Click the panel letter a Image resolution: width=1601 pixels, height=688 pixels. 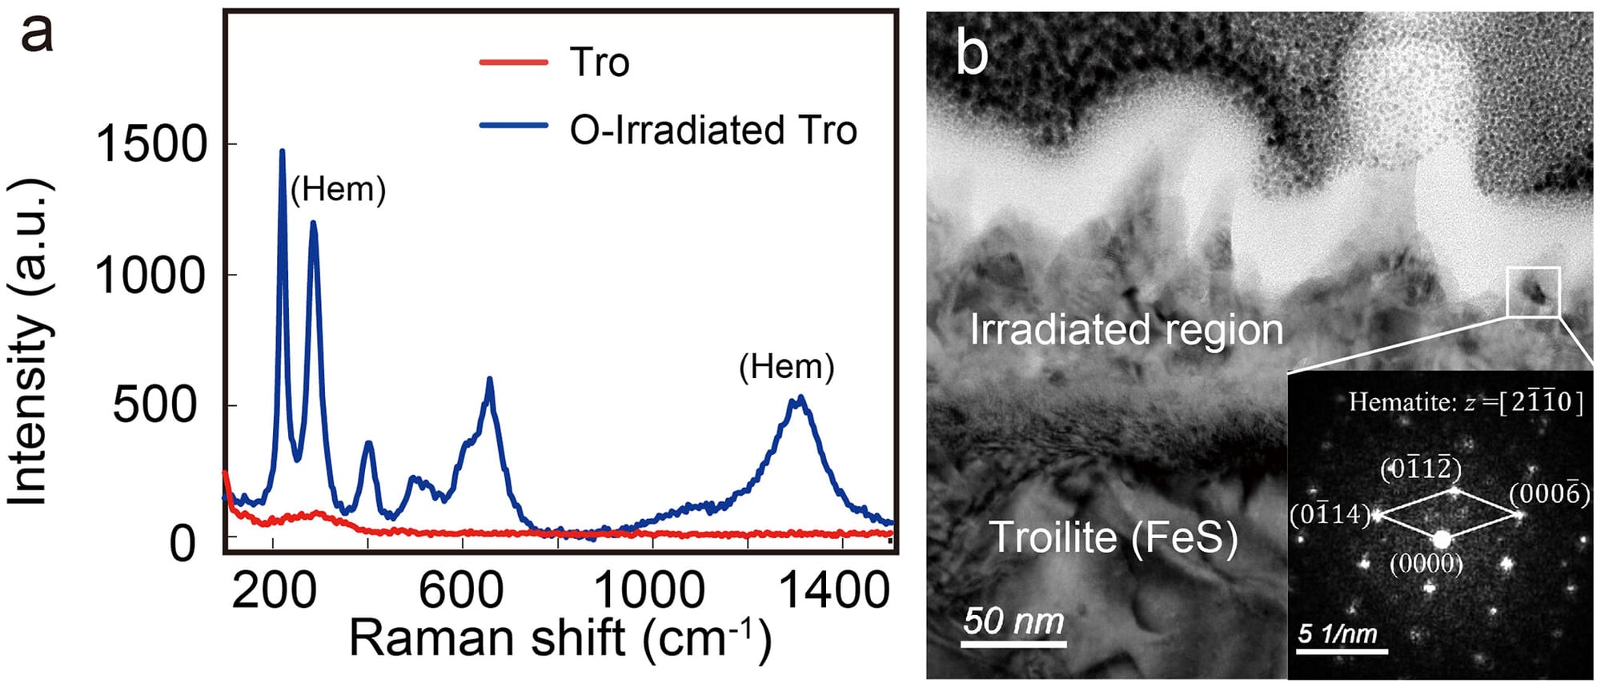37,34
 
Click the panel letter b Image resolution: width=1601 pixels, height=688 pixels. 972,54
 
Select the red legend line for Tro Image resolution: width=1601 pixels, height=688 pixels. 513,62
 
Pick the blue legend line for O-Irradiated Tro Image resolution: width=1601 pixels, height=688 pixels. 513,127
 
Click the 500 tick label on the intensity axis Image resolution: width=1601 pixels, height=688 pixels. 154,405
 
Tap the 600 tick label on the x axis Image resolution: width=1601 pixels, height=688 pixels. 461,591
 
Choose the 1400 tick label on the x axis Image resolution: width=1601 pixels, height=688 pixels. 835,591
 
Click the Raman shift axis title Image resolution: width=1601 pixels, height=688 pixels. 560,639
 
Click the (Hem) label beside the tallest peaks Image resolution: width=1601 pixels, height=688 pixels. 338,190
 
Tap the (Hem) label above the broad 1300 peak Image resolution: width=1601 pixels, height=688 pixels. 786,367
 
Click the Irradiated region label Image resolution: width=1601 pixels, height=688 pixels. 1126,329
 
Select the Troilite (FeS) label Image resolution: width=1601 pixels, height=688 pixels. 1113,537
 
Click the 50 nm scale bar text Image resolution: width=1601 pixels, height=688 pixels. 1013,621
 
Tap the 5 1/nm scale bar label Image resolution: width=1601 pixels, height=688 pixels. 1337,634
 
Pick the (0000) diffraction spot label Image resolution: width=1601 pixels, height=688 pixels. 1426,564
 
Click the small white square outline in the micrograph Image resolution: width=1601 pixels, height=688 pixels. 1533,292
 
